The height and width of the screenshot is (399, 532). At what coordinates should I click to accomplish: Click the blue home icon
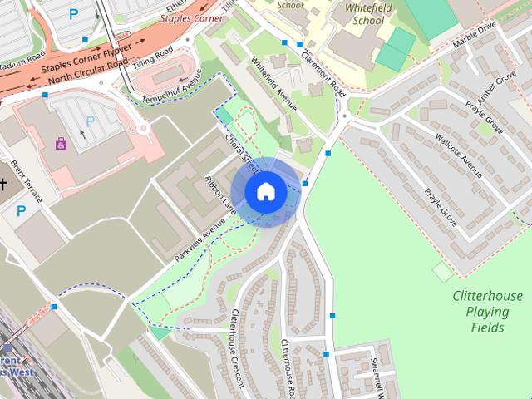coord(265,191)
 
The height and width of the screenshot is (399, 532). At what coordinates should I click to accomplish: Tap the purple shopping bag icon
coord(62,143)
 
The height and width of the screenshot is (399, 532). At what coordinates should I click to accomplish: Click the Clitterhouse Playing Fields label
coord(488,312)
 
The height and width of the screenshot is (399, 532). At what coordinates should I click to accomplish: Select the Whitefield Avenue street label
coord(274,84)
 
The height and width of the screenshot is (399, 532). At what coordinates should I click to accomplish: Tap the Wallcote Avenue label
coord(458,153)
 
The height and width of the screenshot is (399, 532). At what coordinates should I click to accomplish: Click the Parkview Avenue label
coord(199,242)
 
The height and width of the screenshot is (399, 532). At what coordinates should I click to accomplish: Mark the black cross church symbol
coord(2,184)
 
